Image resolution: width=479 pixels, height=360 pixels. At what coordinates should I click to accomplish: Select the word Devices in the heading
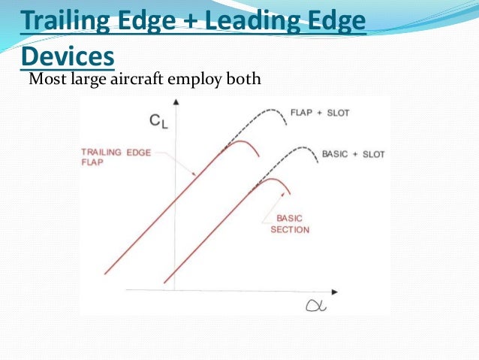click(x=68, y=56)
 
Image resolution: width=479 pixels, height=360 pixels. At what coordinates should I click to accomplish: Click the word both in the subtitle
click(x=242, y=77)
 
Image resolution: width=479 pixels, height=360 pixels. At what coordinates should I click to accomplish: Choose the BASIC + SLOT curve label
click(x=353, y=154)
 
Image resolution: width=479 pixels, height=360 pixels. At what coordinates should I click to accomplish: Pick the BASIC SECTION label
click(x=288, y=223)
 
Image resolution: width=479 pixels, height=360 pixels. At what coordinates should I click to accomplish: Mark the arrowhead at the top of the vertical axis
click(x=174, y=101)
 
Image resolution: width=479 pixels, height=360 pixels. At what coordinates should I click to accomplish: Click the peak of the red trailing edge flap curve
click(x=240, y=141)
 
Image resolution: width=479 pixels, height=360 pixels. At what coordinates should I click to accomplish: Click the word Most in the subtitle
click(x=44, y=77)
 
